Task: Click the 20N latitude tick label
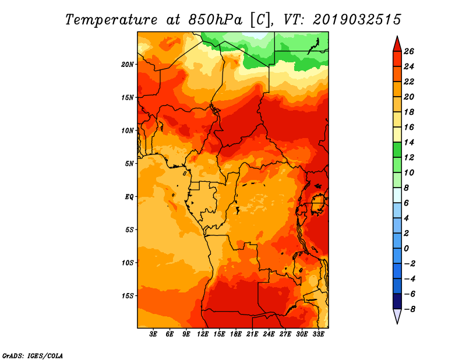(x=128, y=65)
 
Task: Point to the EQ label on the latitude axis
(x=129, y=197)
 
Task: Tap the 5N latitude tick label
(x=129, y=164)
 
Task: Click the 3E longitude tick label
(x=153, y=334)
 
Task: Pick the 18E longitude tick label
(x=236, y=334)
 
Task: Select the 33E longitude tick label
(x=318, y=334)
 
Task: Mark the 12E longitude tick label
(x=203, y=334)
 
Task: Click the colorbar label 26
(x=409, y=51)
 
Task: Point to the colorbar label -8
(x=409, y=309)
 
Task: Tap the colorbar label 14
(x=409, y=142)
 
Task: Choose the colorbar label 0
(x=406, y=249)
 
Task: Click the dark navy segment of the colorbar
(x=397, y=301)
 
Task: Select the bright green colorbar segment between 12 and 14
(x=397, y=150)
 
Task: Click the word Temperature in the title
(x=111, y=20)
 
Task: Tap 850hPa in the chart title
(x=216, y=20)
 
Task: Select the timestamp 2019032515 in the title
(x=357, y=20)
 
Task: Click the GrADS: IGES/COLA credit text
(x=33, y=356)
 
